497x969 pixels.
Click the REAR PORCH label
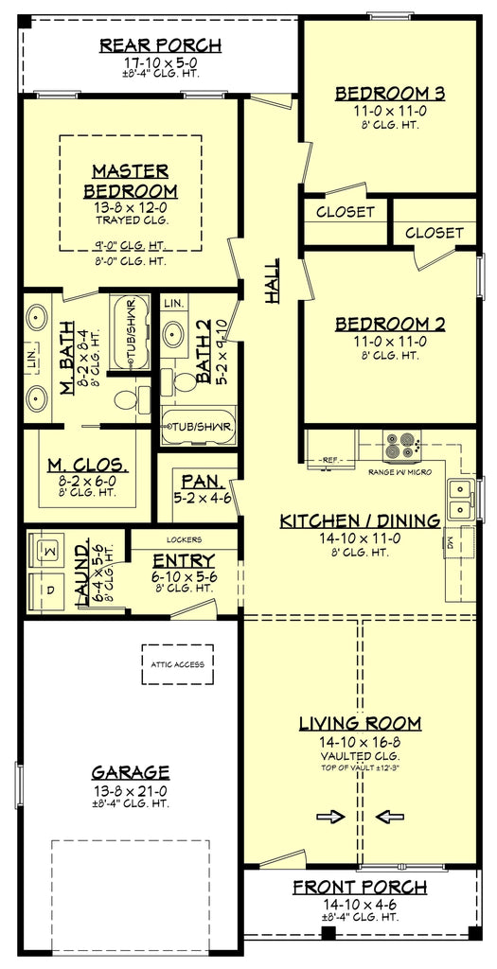(x=160, y=45)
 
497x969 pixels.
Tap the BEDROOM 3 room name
(x=389, y=93)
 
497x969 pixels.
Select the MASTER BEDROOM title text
(x=131, y=181)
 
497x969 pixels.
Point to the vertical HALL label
(x=273, y=281)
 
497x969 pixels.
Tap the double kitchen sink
(x=461, y=492)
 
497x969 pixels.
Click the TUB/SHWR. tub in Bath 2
(x=198, y=426)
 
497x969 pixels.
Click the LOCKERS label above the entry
(x=184, y=540)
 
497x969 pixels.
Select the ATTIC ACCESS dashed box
(x=176, y=664)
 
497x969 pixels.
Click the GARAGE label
(x=131, y=771)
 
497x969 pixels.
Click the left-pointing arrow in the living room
(x=388, y=817)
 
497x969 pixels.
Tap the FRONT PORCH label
(x=359, y=887)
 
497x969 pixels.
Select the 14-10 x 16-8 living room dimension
(x=360, y=742)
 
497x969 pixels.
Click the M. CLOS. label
(x=87, y=465)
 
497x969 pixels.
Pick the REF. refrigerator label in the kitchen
(x=329, y=460)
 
